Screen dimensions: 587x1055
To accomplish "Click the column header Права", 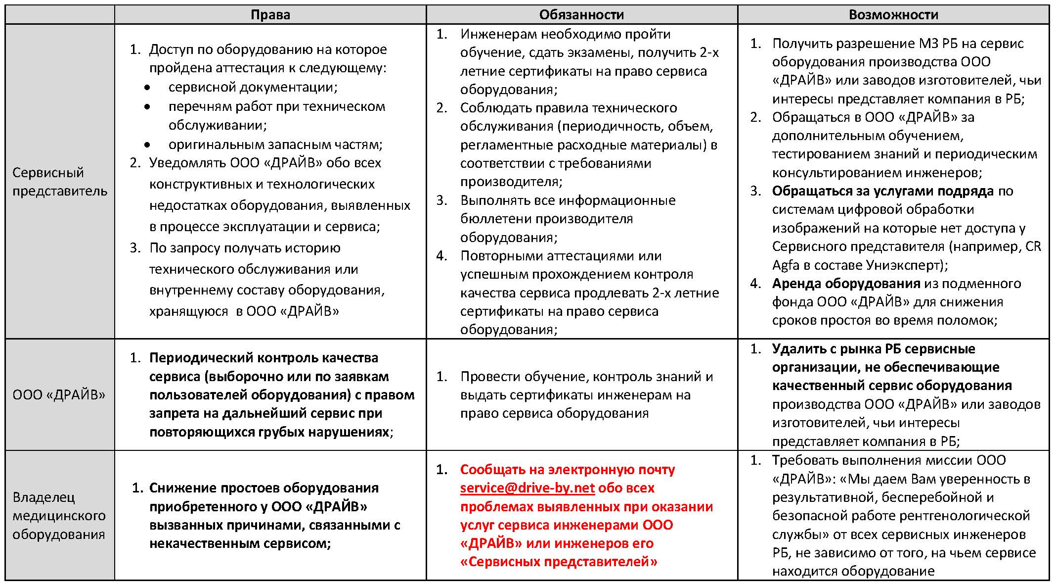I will [270, 15].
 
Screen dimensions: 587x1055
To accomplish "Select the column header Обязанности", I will [581, 15].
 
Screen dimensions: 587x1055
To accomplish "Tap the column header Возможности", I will [893, 15].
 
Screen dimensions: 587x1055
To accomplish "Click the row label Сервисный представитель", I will [59, 182].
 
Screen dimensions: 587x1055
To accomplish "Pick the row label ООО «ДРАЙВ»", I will [59, 395].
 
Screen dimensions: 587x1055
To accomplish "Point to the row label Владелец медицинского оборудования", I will [59, 516].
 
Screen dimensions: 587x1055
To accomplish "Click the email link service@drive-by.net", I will [527, 488].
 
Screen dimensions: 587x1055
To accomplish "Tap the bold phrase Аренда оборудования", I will [846, 284].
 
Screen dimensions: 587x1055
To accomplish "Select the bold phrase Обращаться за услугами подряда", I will [882, 191].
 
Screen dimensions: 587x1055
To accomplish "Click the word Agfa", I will [786, 265].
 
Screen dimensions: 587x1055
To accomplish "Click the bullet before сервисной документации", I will [147, 88].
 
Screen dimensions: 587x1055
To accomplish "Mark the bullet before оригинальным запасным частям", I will [147, 145].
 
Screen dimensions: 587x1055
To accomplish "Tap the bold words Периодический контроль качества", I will [264, 358].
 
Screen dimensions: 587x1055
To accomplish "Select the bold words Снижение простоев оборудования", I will [264, 488].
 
